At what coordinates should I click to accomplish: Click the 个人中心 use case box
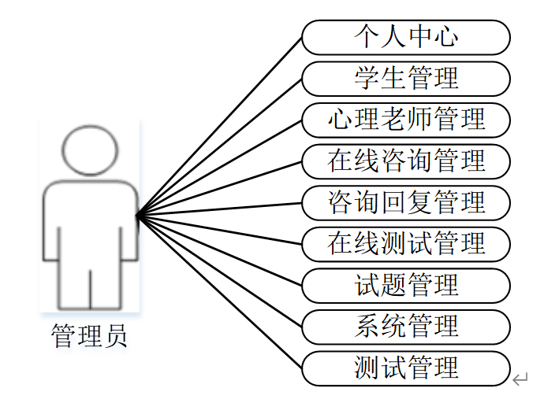(406, 37)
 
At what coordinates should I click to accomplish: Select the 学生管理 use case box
(406, 79)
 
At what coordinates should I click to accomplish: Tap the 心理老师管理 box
(406, 120)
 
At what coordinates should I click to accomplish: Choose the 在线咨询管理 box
(406, 161)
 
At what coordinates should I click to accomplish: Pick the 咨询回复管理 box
(406, 203)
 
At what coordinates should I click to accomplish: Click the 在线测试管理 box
(406, 244)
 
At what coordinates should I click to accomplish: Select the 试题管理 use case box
(406, 285)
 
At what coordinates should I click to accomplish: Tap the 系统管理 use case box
(406, 327)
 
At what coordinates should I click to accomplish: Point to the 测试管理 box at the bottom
(406, 368)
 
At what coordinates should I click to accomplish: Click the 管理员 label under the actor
(89, 336)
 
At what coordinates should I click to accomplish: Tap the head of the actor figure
(90, 150)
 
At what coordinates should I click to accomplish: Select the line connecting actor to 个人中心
(219, 126)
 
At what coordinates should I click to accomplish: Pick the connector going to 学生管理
(219, 146)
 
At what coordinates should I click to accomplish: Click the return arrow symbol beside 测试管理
(519, 380)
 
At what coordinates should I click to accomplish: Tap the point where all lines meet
(137, 215)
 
